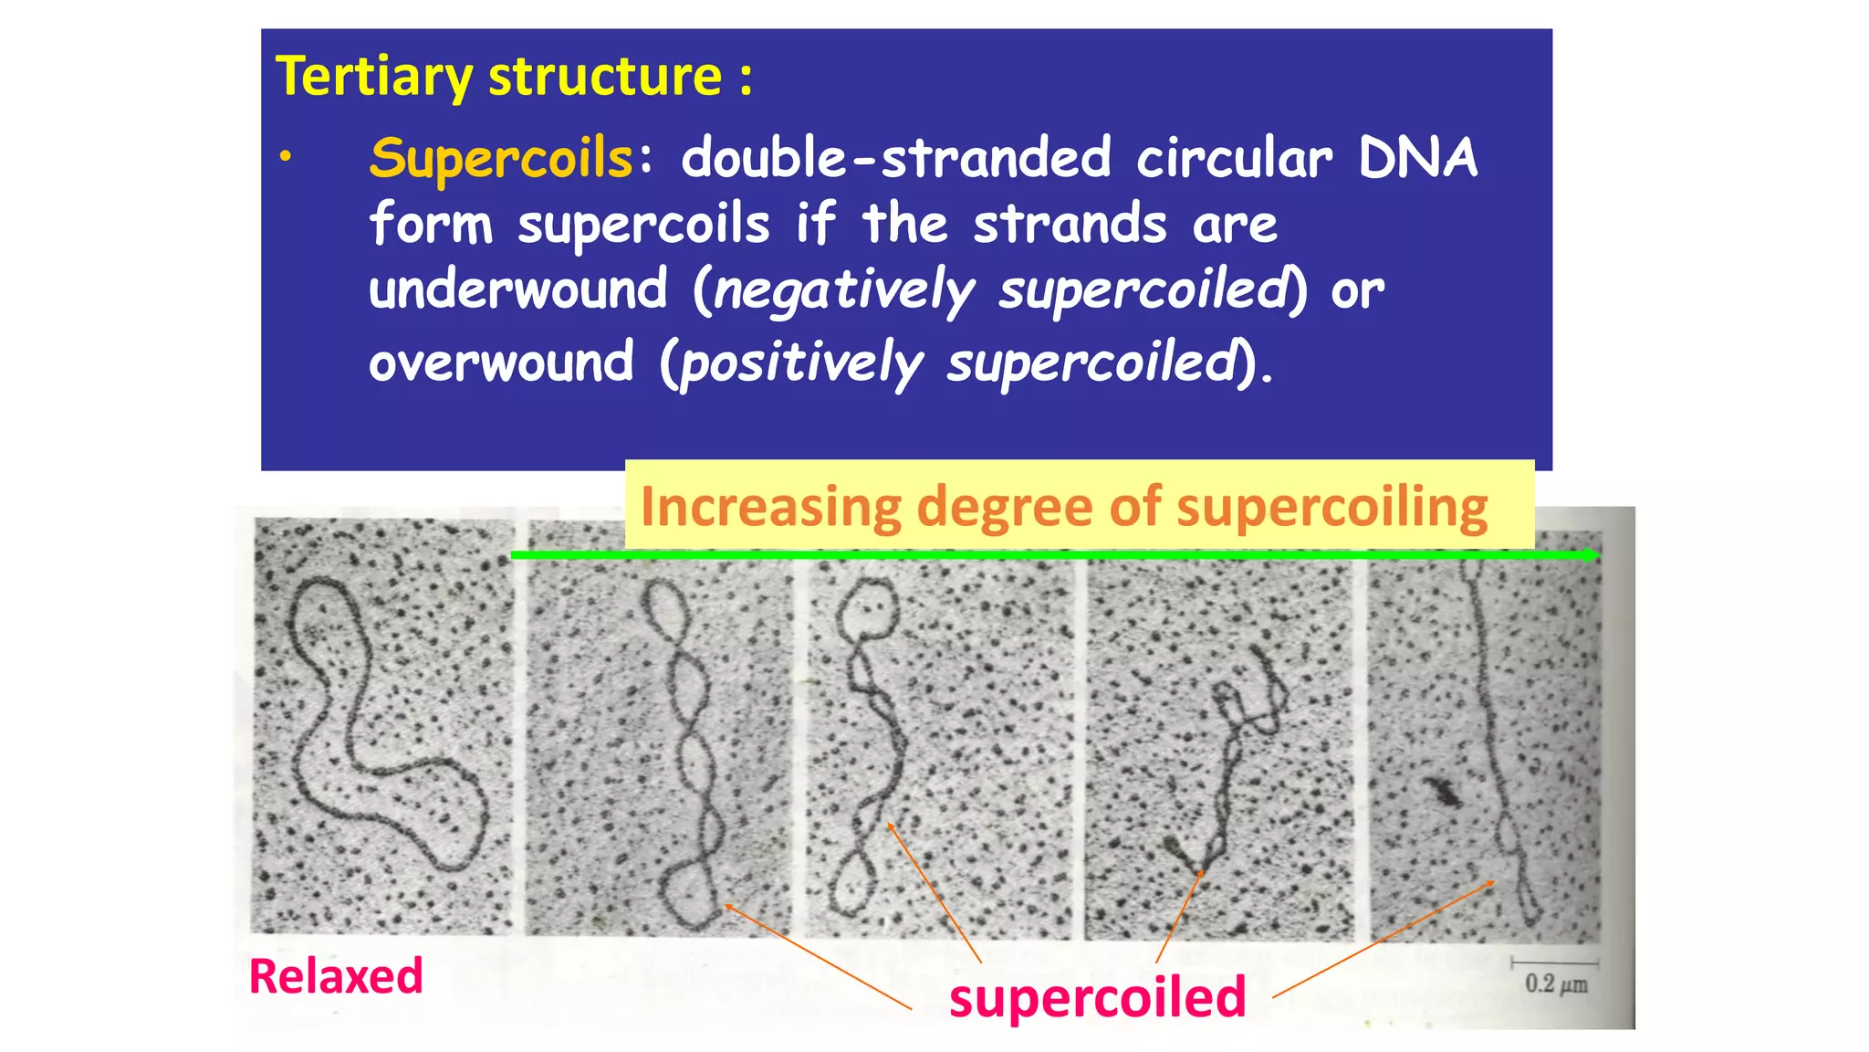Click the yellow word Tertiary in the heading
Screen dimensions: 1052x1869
pos(373,77)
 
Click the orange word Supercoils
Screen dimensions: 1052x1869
pos(501,158)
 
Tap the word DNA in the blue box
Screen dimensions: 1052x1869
pos(1417,158)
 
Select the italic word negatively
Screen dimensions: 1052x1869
pos(844,290)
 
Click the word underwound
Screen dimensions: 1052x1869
pos(517,290)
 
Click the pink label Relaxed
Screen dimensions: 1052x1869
pos(336,976)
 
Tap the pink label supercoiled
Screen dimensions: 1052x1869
pos(1097,996)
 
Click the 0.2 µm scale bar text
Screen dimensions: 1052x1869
pos(1556,984)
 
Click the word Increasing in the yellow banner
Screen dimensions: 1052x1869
pos(770,507)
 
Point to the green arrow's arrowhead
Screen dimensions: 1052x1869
pos(1592,554)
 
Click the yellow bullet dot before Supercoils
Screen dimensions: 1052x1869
pos(286,157)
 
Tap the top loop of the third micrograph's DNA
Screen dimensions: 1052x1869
pos(868,607)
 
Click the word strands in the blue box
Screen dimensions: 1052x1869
pos(1070,225)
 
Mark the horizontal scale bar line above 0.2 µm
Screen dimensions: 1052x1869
pos(1554,962)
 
